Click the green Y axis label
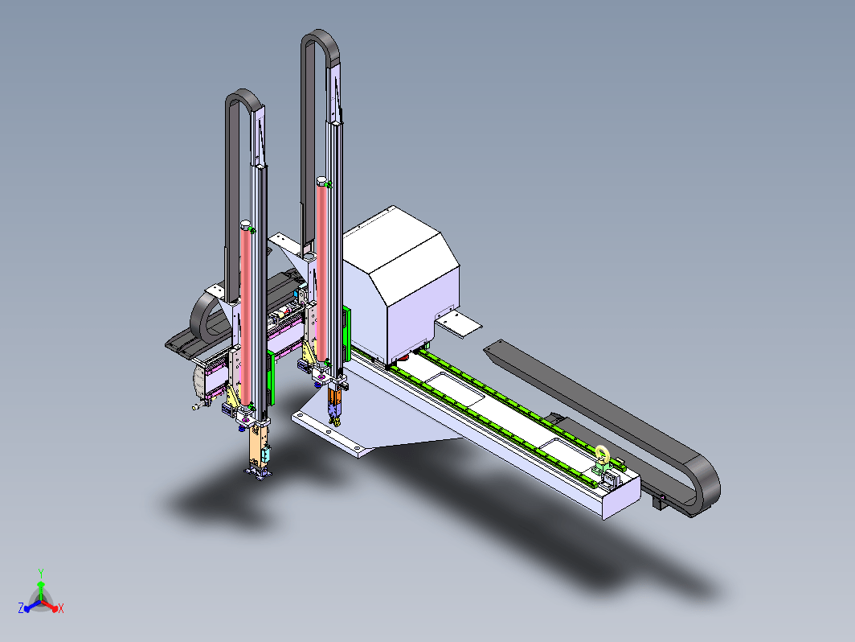[x=41, y=573]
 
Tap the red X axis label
[x=61, y=608]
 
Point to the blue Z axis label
[x=21, y=608]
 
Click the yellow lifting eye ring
[x=603, y=453]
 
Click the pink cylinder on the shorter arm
[x=246, y=317]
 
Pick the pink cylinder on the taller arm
[x=321, y=273]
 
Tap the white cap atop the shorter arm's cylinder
[x=245, y=224]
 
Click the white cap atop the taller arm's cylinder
[x=321, y=181]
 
